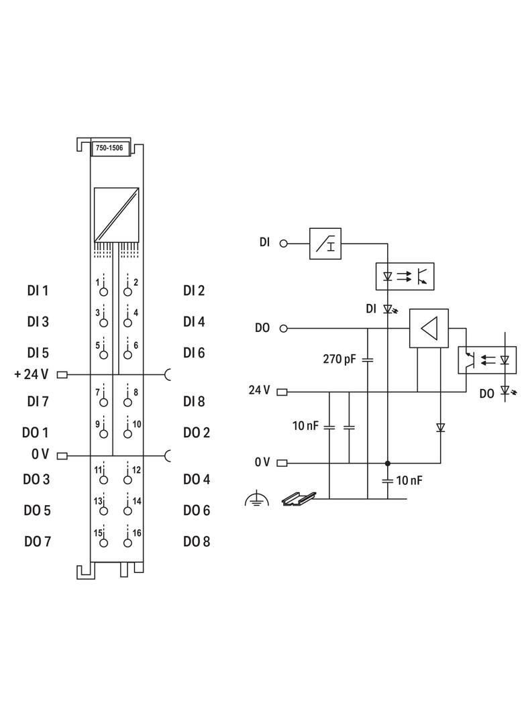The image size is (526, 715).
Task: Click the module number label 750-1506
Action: (x=109, y=148)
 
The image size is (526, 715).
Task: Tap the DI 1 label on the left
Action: (x=38, y=290)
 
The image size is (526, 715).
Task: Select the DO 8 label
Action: (x=197, y=541)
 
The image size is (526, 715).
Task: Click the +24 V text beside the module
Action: (x=31, y=374)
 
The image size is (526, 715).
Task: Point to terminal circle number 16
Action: (x=127, y=543)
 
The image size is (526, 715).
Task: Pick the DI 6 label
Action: (x=194, y=352)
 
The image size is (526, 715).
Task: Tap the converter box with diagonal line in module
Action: (x=116, y=214)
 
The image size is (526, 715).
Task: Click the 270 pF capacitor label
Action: (x=339, y=359)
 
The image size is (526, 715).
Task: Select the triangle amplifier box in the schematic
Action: (x=429, y=328)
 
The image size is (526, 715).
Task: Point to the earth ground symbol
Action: (x=256, y=498)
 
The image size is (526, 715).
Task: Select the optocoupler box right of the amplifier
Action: (x=486, y=359)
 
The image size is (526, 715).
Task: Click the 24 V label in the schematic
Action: (x=259, y=390)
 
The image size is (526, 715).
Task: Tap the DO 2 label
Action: (x=197, y=433)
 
